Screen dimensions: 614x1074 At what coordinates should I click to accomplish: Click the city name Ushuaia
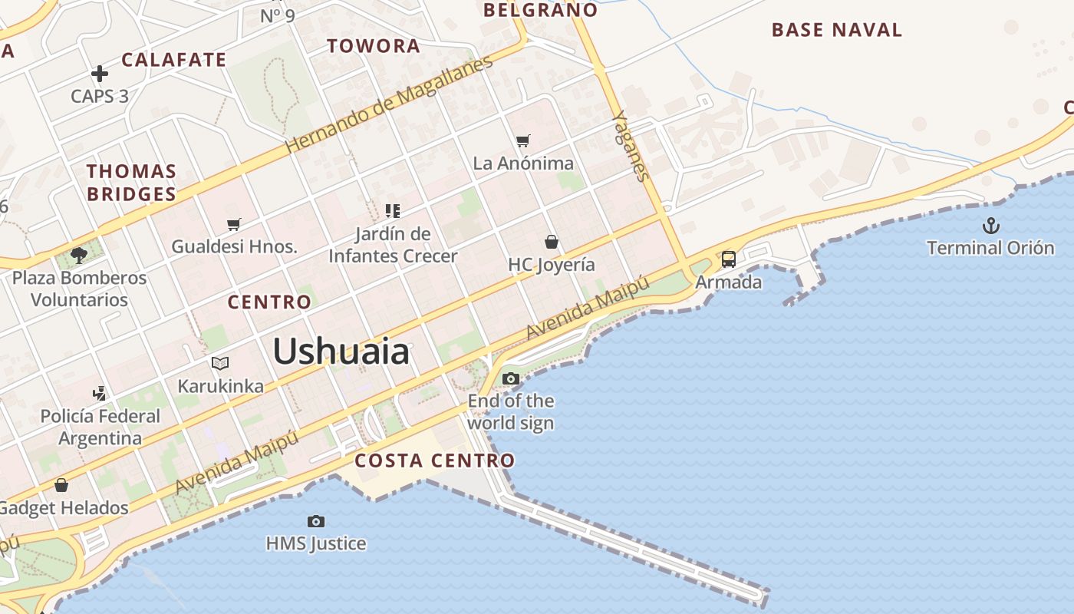pos(341,352)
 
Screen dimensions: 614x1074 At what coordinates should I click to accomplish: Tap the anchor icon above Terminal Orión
pos(991,226)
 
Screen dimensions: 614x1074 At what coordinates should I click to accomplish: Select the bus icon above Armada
pos(728,259)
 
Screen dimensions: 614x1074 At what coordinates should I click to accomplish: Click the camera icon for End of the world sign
pos(510,378)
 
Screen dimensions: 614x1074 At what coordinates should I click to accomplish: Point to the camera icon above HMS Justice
pos(315,521)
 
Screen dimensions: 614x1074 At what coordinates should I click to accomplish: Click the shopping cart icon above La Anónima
pos(523,140)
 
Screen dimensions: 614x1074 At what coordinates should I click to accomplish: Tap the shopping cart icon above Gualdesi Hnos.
pos(234,224)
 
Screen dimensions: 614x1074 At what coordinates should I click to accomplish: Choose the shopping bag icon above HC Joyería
pos(551,243)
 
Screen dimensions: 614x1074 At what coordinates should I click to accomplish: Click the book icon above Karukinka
pos(220,363)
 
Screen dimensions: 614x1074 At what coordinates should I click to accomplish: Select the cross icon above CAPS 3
pos(100,74)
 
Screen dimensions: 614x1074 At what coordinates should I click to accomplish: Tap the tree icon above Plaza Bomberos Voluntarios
pos(78,255)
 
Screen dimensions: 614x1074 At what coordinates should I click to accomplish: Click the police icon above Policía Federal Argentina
pos(100,394)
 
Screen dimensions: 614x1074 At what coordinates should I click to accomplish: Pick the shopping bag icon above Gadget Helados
pos(61,485)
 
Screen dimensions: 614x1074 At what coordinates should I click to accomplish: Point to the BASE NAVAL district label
pos(837,30)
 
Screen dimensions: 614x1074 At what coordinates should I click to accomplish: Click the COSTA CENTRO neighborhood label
pos(434,460)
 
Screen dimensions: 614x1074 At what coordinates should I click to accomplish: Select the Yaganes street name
pos(631,146)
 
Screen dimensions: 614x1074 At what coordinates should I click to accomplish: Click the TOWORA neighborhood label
pos(374,46)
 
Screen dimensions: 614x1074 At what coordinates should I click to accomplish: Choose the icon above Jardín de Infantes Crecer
pos(393,210)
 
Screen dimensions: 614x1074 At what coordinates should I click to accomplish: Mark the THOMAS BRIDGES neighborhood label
pos(131,183)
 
